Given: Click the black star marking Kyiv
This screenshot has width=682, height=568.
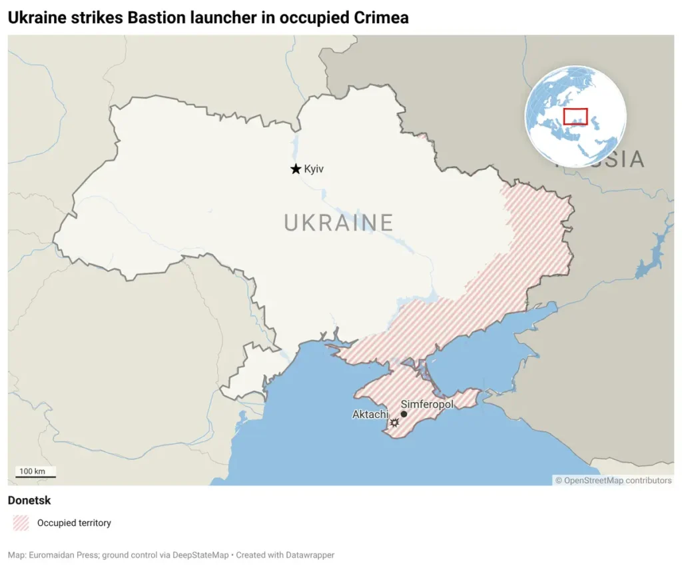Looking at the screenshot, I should tap(296, 169).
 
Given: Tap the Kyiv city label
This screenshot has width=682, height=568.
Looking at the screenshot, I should tap(314, 169).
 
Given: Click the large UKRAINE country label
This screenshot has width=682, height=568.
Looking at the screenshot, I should tap(338, 223).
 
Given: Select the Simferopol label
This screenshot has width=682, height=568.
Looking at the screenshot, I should tap(427, 404).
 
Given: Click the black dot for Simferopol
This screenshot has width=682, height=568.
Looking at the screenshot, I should tap(404, 414).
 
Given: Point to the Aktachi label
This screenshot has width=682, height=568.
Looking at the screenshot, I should tap(370, 415).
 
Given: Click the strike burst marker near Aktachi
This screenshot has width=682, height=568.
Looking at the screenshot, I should tap(394, 423).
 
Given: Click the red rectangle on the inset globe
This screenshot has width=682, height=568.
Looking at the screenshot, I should tap(575, 116).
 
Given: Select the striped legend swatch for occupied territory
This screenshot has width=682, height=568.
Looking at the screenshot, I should tap(21, 523).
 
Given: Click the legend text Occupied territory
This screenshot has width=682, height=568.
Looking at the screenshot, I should tap(74, 523).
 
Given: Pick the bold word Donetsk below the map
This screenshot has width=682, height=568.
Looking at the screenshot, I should tap(29, 500).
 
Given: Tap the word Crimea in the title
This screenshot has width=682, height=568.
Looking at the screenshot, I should tap(381, 18).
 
